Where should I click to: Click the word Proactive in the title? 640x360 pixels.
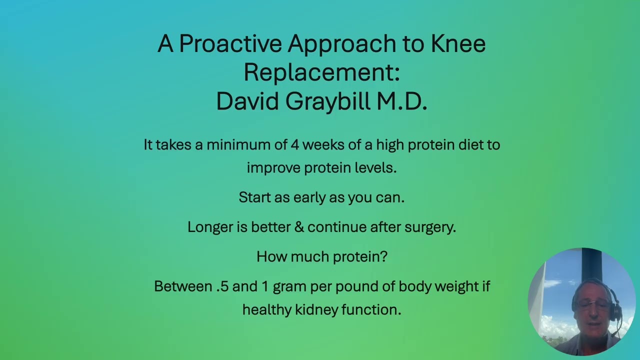tap(230, 44)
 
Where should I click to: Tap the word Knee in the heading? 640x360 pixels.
tap(458, 44)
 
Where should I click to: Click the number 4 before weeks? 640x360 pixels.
tap(295, 145)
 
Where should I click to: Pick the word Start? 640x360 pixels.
tap(255, 197)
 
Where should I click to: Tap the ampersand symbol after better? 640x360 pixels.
tap(299, 227)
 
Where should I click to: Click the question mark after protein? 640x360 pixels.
tap(384, 256)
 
